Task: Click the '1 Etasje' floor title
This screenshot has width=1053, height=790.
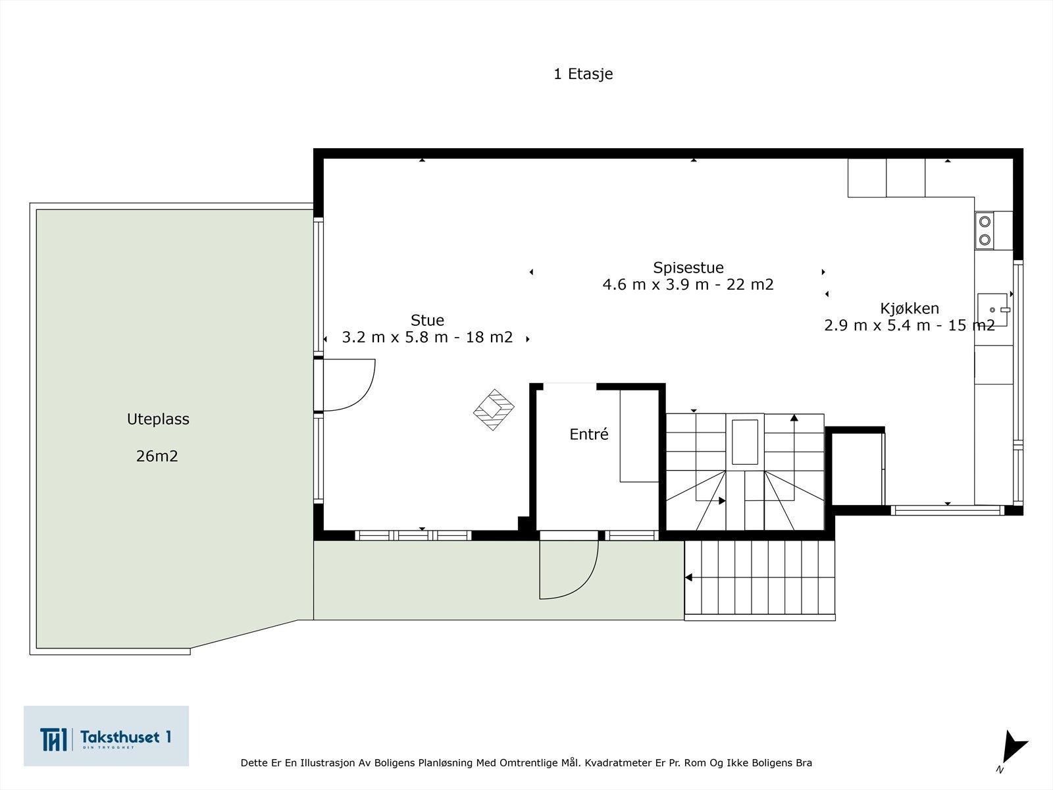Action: point(583,74)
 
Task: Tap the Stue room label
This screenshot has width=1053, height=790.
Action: point(427,320)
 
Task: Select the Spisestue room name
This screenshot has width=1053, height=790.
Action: point(688,268)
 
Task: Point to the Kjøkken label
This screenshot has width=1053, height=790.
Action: point(909,308)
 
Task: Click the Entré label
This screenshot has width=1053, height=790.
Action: point(588,434)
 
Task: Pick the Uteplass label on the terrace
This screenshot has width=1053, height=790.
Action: point(158,419)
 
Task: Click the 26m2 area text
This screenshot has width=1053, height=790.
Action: point(157,456)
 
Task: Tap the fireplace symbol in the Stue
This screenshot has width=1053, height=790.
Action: point(494,409)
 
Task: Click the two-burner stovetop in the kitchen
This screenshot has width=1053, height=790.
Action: point(985,230)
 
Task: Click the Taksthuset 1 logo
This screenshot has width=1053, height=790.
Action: point(106,735)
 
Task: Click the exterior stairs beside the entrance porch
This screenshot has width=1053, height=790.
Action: point(759,581)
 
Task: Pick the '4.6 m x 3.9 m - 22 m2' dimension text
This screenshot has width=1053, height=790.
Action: point(688,284)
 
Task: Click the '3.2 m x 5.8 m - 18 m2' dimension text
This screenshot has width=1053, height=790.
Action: point(427,337)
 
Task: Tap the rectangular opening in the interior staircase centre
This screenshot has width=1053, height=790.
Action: point(744,442)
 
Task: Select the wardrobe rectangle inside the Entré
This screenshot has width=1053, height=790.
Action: point(639,436)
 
